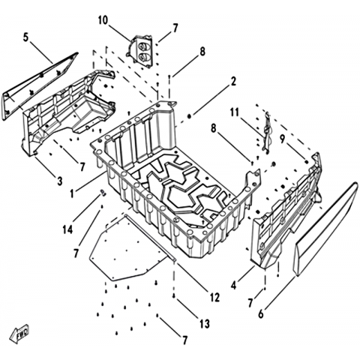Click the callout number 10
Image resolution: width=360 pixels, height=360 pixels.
pyautogui.click(x=103, y=20)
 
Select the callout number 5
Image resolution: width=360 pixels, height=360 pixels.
pyautogui.click(x=25, y=37)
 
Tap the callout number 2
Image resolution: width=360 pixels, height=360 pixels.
pyautogui.click(x=233, y=82)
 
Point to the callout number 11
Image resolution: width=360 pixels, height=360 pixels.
pyautogui.click(x=235, y=112)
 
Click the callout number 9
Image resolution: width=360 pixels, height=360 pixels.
pyautogui.click(x=282, y=139)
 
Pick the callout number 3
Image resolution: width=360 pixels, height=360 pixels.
pyautogui.click(x=59, y=181)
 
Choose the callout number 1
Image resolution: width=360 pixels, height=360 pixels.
pyautogui.click(x=72, y=193)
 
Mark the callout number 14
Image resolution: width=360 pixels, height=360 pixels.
pyautogui.click(x=67, y=229)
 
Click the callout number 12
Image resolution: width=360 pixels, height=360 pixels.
pyautogui.click(x=214, y=297)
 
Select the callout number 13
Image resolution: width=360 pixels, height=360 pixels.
pyautogui.click(x=205, y=324)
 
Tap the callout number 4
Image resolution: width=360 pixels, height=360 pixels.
pyautogui.click(x=233, y=285)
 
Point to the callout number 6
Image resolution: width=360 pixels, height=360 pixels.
pyautogui.click(x=261, y=314)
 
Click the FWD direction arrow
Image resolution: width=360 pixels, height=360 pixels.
pyautogui.click(x=19, y=334)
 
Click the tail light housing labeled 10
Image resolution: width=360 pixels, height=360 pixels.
pyautogui.click(x=139, y=52)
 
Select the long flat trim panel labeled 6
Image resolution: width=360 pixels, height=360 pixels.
pyautogui.click(x=325, y=229)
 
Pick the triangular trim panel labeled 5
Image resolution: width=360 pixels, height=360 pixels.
pyautogui.click(x=37, y=86)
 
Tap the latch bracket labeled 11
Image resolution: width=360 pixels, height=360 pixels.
pyautogui.click(x=266, y=132)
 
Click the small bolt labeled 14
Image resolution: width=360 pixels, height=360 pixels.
pyautogui.click(x=103, y=193)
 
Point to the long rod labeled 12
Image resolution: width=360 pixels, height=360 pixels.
pyautogui.click(x=151, y=238)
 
